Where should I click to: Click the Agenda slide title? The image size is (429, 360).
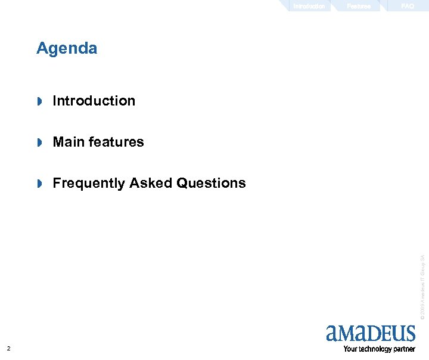pos(67,48)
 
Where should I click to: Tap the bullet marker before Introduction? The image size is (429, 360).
pos(40,101)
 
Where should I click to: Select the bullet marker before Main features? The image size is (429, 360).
pos(40,142)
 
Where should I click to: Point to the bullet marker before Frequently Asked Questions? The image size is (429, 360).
pos(40,184)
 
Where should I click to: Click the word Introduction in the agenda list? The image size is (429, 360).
pos(94,101)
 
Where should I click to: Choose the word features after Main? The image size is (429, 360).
pos(116,142)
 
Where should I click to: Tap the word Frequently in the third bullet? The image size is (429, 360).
pos(89,183)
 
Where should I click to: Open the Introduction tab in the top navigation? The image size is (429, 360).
pos(309,6)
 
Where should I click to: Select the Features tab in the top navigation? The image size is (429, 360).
pos(359,6)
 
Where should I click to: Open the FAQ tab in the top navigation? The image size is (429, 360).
pos(408,6)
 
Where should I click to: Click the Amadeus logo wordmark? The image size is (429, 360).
pos(371,333)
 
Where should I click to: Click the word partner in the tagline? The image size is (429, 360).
pos(405,349)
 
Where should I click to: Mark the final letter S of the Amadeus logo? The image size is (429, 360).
pos(409,333)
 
